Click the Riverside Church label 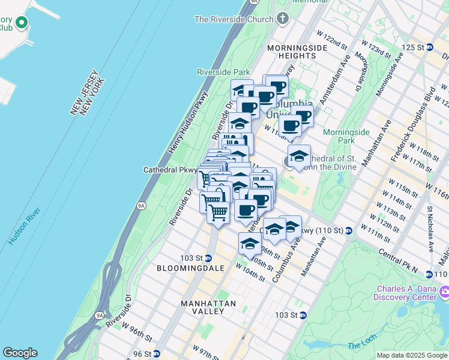tap(234, 19)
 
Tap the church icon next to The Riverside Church tap(283, 19)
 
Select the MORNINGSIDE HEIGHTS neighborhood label tap(292, 52)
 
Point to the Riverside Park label tap(223, 72)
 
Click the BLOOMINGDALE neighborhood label tap(190, 268)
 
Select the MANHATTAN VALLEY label tap(208, 308)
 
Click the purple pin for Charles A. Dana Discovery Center tap(444, 292)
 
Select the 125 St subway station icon tap(429, 47)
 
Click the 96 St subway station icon tap(156, 354)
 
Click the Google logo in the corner tap(20, 353)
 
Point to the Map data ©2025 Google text tap(411, 355)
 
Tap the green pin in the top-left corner tap(22, 23)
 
